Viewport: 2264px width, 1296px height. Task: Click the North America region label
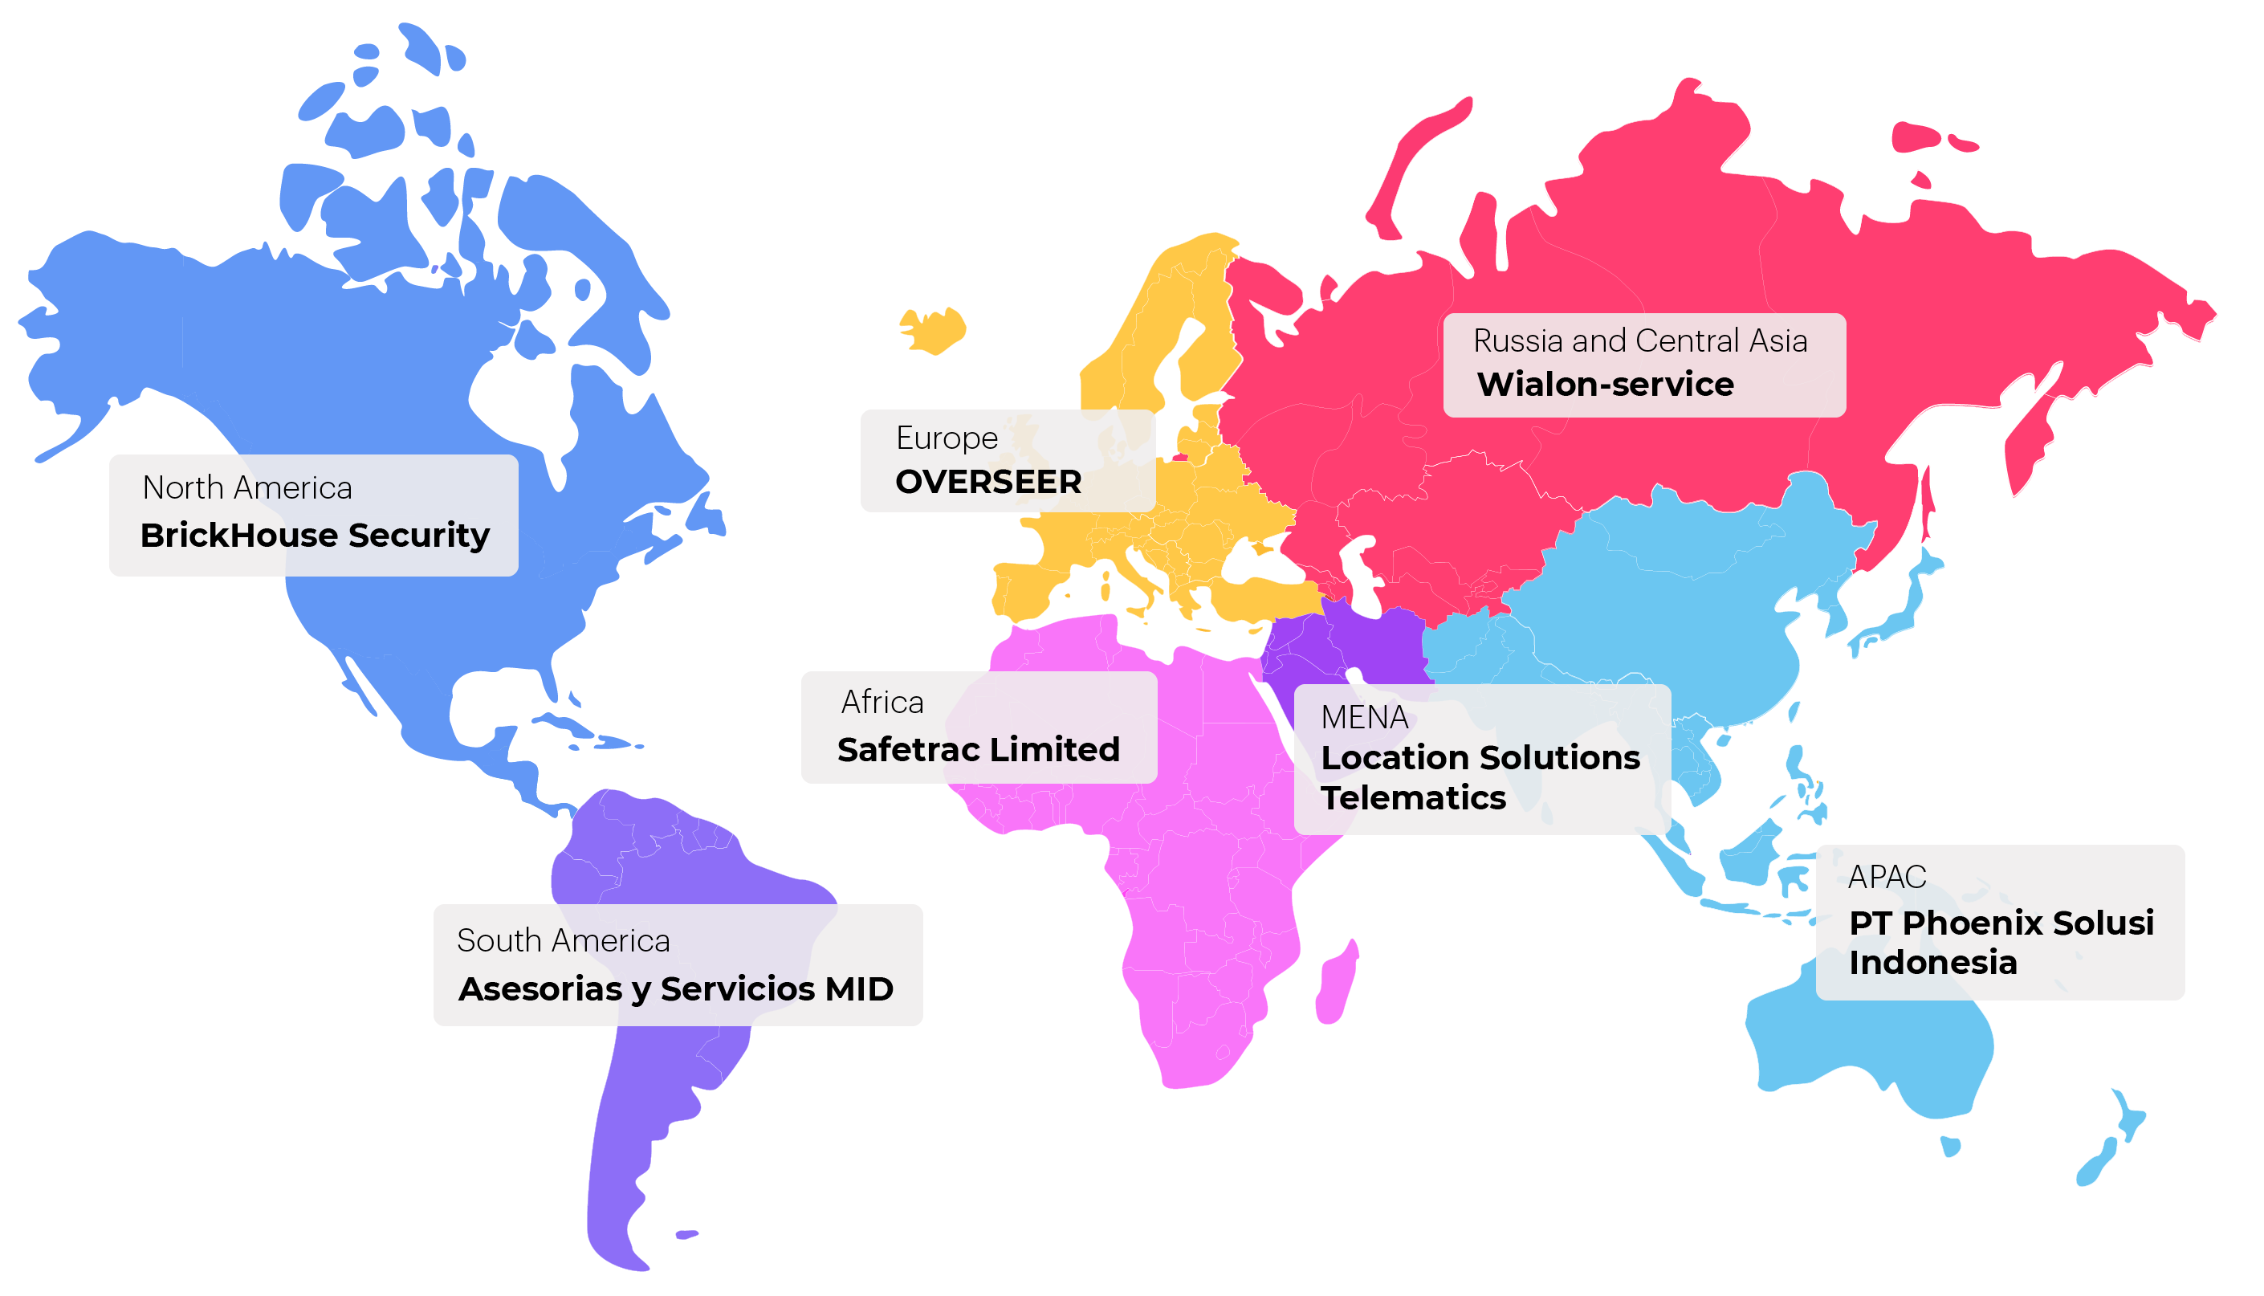click(x=246, y=487)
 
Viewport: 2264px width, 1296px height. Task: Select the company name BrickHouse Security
click(x=314, y=535)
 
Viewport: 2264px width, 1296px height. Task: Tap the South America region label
click(x=563, y=941)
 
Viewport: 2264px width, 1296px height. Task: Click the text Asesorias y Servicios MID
click(x=675, y=989)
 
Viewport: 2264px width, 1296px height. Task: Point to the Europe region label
click(x=946, y=438)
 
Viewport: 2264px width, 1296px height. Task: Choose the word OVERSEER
click(x=987, y=482)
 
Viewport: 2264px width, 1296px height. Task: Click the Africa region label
click(x=882, y=703)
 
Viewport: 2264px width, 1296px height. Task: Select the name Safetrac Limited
click(x=977, y=749)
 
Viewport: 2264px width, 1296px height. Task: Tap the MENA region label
click(x=1363, y=717)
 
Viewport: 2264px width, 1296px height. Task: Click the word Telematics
click(x=1412, y=797)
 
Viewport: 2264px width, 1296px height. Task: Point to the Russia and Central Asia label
click(x=1639, y=341)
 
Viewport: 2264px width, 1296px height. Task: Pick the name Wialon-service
click(x=1605, y=385)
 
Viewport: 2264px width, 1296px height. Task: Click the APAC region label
click(x=1887, y=877)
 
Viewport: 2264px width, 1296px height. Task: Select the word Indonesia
click(x=1932, y=962)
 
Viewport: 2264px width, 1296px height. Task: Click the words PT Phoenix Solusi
click(x=2001, y=923)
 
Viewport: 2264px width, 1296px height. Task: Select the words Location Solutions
click(x=1479, y=757)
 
